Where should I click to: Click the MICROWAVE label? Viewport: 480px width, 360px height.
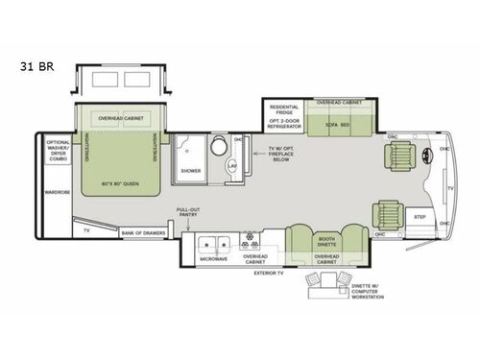coord(213,259)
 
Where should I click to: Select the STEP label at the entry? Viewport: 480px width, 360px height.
coord(420,218)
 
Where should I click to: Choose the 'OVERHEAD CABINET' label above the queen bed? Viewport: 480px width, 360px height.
coord(122,118)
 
